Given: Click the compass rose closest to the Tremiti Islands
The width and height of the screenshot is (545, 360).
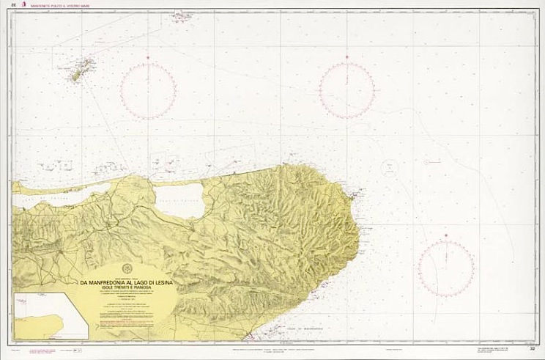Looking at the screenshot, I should pyautogui.click(x=149, y=91).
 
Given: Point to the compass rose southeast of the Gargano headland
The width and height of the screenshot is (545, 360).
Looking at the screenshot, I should pyautogui.click(x=445, y=269).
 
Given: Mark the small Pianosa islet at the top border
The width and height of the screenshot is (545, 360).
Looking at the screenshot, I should pyautogui.click(x=182, y=15).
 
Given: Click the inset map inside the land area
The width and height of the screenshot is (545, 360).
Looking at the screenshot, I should pyautogui.click(x=50, y=315).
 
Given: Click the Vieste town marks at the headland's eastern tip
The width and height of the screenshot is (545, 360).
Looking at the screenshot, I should pyautogui.click(x=357, y=195).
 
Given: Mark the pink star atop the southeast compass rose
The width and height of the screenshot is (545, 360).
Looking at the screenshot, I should pyautogui.click(x=445, y=236).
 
